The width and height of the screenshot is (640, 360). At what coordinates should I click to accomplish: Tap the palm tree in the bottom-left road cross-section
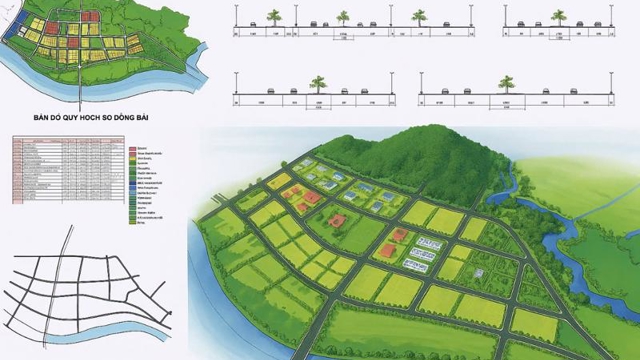pos(318,83)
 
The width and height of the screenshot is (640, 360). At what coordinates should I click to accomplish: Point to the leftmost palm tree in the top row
pos(273,16)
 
